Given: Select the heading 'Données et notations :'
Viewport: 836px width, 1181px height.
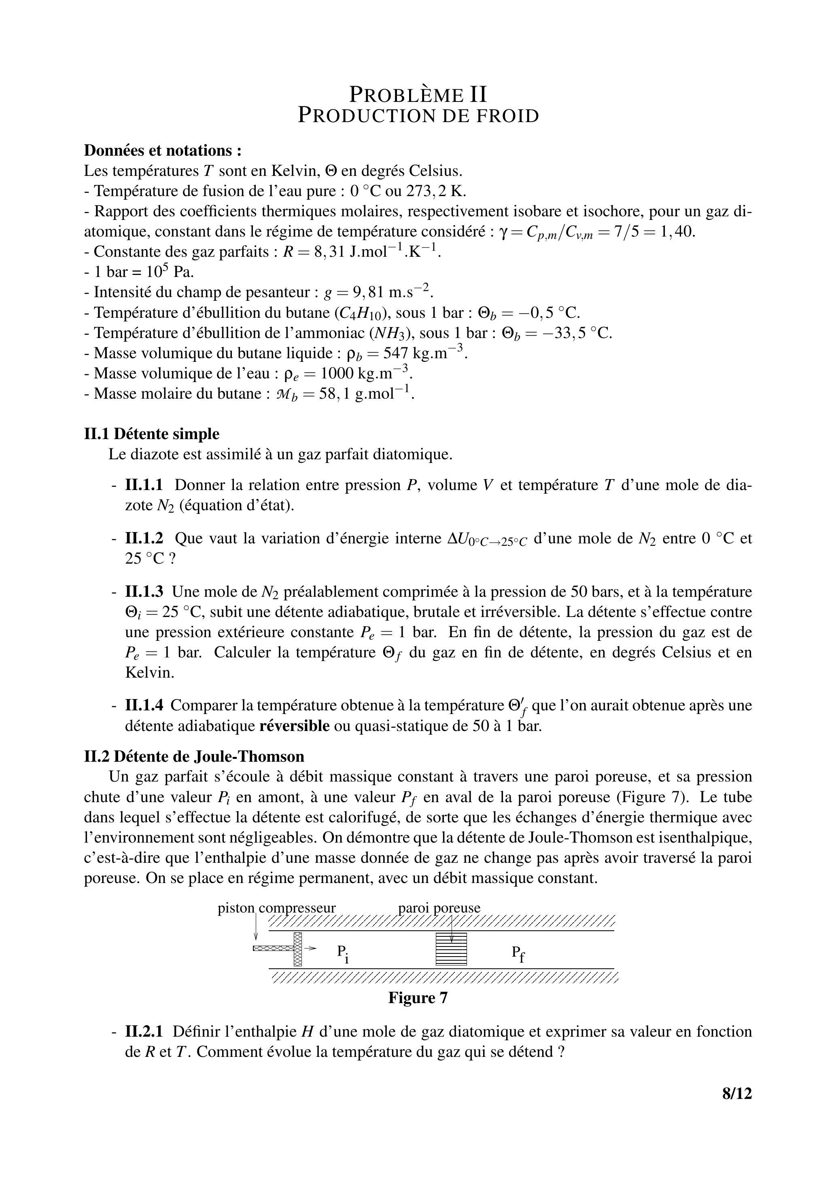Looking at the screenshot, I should pos(163,151).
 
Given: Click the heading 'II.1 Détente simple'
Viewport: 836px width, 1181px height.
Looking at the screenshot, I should pos(151,434).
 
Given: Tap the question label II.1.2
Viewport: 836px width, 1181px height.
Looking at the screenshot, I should pos(144,539).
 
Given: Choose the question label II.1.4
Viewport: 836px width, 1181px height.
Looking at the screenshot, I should pos(144,705).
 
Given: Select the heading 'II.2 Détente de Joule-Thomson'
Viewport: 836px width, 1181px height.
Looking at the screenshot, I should pos(194,756).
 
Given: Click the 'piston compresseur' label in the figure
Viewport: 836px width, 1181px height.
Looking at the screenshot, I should pos(276,908).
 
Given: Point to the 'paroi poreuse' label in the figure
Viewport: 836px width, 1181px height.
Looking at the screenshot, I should pos(439,908).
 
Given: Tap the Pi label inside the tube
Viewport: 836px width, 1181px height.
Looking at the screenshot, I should pos(343,953).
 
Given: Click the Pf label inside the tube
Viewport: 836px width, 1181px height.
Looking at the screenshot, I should pos(518,953).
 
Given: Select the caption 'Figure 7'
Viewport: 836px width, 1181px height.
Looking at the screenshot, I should pos(418,998).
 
